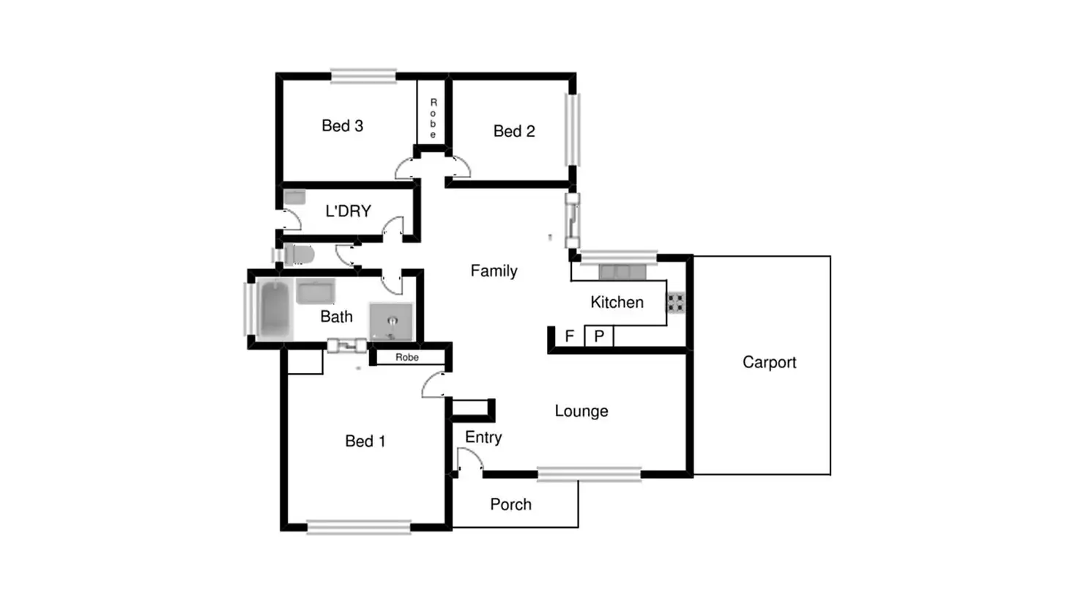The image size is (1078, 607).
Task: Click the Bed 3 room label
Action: click(342, 126)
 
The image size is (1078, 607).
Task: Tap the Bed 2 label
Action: click(514, 131)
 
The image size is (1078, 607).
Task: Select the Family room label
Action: click(494, 271)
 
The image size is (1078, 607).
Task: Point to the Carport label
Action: click(769, 362)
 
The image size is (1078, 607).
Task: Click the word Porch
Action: click(510, 504)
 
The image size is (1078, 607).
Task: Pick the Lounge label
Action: click(581, 411)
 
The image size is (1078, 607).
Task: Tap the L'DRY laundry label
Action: click(348, 211)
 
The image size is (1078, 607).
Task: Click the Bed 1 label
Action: click(365, 441)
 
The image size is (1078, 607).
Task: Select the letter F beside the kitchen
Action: click(569, 336)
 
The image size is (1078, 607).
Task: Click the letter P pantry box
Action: click(599, 336)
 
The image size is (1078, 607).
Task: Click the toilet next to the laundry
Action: click(300, 255)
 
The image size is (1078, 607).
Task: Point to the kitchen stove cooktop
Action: click(675, 302)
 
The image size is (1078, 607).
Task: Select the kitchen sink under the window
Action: click(622, 272)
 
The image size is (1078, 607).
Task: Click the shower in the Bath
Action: click(391, 321)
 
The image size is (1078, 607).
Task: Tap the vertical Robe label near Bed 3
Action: click(433, 118)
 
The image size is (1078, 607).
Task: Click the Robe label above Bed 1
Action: click(407, 357)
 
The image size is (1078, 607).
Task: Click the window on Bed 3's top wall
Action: click(363, 76)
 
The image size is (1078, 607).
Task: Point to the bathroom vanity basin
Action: click(316, 292)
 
